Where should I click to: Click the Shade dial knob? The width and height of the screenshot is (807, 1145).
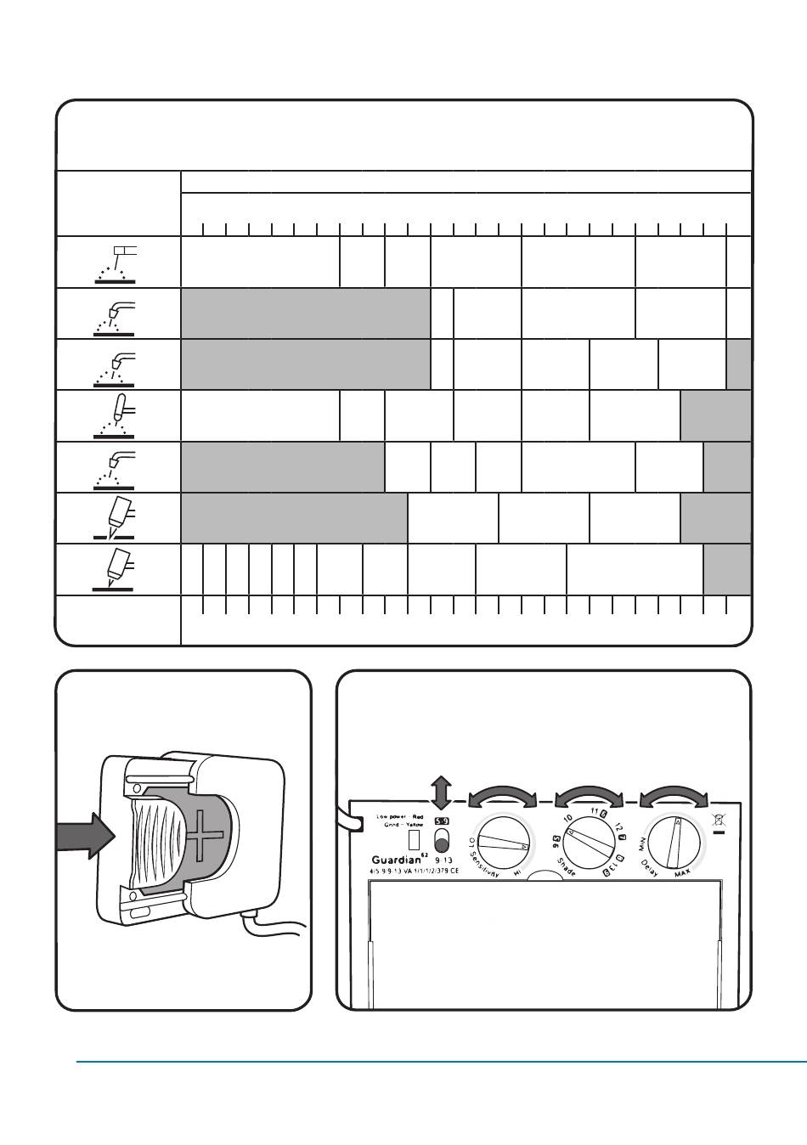(589, 844)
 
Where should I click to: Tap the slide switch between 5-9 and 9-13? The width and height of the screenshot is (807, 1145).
(441, 841)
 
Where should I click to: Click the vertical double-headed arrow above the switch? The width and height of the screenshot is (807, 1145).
(441, 792)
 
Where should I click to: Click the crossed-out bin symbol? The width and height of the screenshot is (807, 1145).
(720, 821)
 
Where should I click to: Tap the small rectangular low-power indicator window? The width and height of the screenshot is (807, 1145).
(415, 839)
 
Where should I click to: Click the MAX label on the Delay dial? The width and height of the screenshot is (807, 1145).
(682, 874)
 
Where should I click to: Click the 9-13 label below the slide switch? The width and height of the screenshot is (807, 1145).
(443, 860)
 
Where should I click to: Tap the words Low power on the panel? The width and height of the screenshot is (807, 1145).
(392, 816)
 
